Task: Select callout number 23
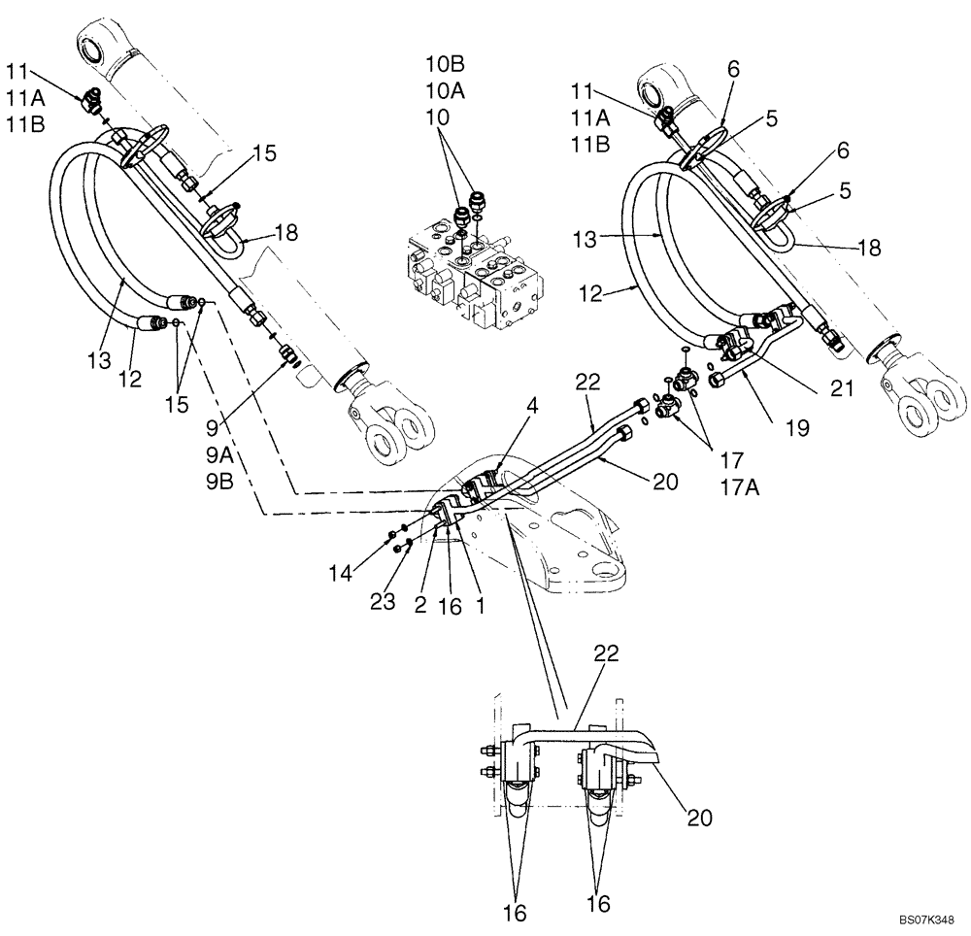pyautogui.click(x=384, y=602)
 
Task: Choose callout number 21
pyautogui.click(x=841, y=389)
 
